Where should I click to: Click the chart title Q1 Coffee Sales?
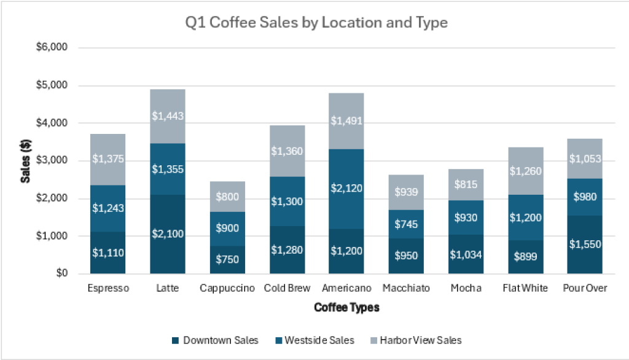316,23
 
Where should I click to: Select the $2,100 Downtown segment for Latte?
167,234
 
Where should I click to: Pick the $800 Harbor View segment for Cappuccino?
227,197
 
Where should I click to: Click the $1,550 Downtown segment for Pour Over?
584,244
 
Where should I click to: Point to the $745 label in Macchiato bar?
405,225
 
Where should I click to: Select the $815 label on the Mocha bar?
465,184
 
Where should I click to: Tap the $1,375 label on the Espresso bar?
107,158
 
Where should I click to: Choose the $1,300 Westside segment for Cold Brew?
286,201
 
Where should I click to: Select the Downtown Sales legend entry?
214,340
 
